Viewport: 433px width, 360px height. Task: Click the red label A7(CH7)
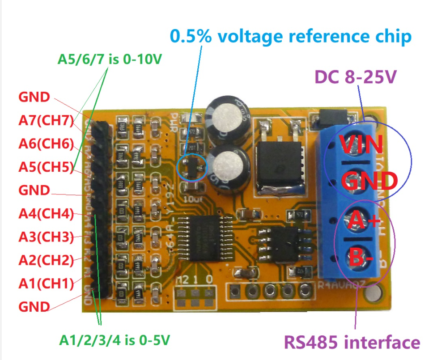click(46, 120)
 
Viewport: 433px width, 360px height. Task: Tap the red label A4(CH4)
click(46, 214)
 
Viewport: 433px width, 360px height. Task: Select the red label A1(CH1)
click(46, 283)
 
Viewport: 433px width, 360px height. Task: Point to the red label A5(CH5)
click(46, 167)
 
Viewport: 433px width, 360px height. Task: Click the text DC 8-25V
click(356, 78)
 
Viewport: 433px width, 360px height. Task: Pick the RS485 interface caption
click(352, 343)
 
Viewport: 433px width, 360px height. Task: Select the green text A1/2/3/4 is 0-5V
click(115, 340)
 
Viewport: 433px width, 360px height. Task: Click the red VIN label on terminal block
click(361, 144)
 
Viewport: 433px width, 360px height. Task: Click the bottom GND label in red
click(34, 307)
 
